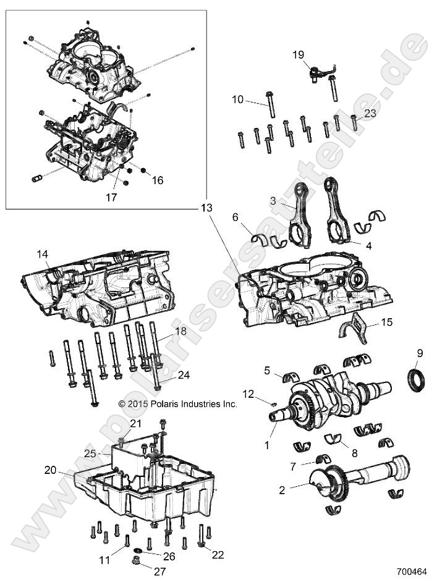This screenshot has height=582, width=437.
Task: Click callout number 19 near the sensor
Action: (x=299, y=55)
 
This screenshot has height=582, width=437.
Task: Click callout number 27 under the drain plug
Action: (x=160, y=571)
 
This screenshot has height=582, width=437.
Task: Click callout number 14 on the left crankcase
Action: (x=42, y=254)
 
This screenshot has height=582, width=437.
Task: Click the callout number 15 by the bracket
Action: (x=386, y=322)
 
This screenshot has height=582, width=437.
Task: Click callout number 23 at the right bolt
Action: (x=370, y=113)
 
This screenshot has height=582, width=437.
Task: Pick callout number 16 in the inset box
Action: (x=158, y=180)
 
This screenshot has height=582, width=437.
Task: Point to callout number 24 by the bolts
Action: (x=166, y=374)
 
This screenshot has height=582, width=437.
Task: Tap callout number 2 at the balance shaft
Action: (x=281, y=490)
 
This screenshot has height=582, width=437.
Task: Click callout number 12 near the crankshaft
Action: (x=248, y=394)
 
